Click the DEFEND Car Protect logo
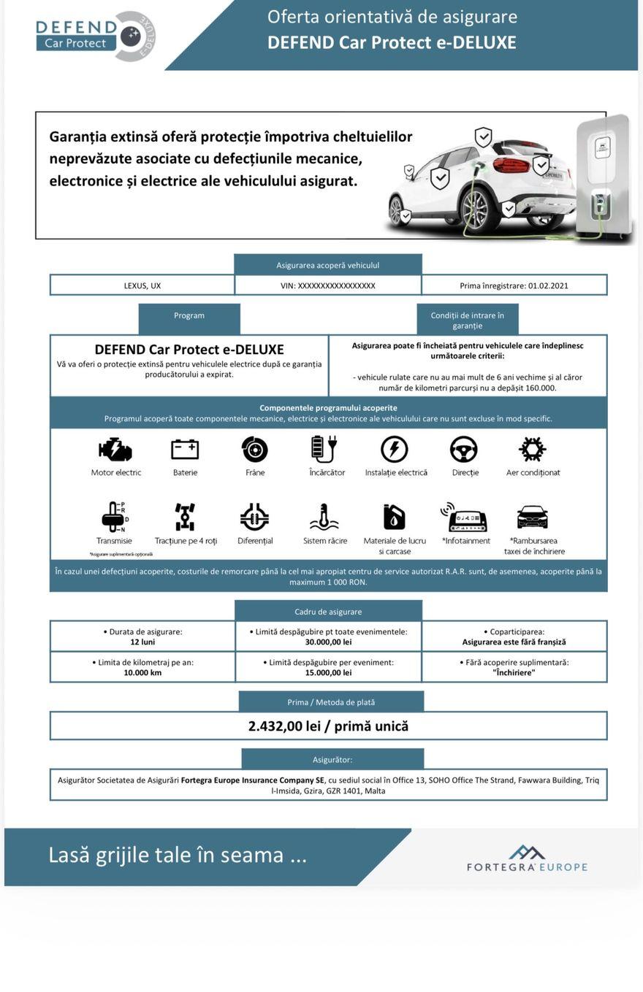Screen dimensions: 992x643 click(x=95, y=36)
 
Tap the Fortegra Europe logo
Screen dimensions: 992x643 click(x=527, y=859)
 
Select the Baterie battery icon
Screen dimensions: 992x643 click(x=185, y=449)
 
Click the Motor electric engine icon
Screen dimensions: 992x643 click(x=115, y=449)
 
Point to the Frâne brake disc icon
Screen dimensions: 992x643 click(x=255, y=449)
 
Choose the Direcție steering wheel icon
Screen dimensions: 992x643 click(x=464, y=449)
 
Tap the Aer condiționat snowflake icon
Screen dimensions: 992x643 click(x=532, y=449)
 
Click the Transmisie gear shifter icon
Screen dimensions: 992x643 click(x=114, y=517)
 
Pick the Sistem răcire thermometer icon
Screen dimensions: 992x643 click(x=324, y=517)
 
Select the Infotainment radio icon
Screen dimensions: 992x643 click(x=465, y=517)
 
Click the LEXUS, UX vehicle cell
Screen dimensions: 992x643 click(x=142, y=285)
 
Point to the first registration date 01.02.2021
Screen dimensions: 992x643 click(x=547, y=285)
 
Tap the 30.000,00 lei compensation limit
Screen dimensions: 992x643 click(x=328, y=642)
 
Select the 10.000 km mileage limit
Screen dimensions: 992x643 click(x=142, y=673)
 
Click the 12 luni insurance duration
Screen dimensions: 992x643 click(x=142, y=642)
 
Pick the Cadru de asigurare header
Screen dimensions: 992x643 click(x=328, y=612)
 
